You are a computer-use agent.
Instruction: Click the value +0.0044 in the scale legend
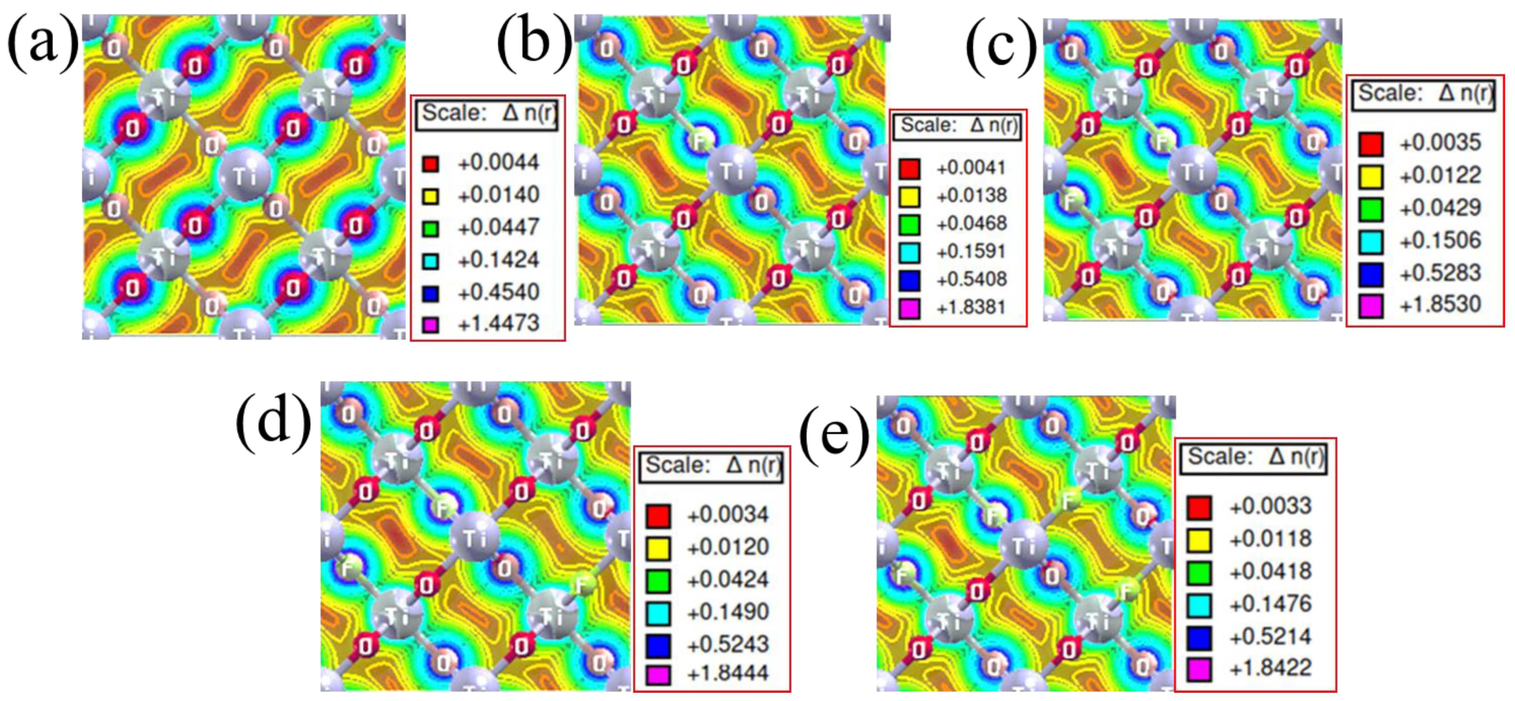pos(498,163)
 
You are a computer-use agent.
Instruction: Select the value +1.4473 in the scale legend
pos(498,323)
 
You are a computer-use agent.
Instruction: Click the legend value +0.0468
pos(972,223)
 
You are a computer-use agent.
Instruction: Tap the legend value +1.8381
pos(972,307)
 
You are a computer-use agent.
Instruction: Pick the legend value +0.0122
pos(1440,175)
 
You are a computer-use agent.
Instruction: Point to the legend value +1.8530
pos(1440,305)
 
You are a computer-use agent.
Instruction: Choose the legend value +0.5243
pos(728,644)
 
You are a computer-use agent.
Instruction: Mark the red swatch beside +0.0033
pos(1199,508)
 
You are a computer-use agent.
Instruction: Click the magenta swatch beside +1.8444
pos(658,674)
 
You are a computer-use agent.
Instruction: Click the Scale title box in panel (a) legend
pos(487,114)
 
